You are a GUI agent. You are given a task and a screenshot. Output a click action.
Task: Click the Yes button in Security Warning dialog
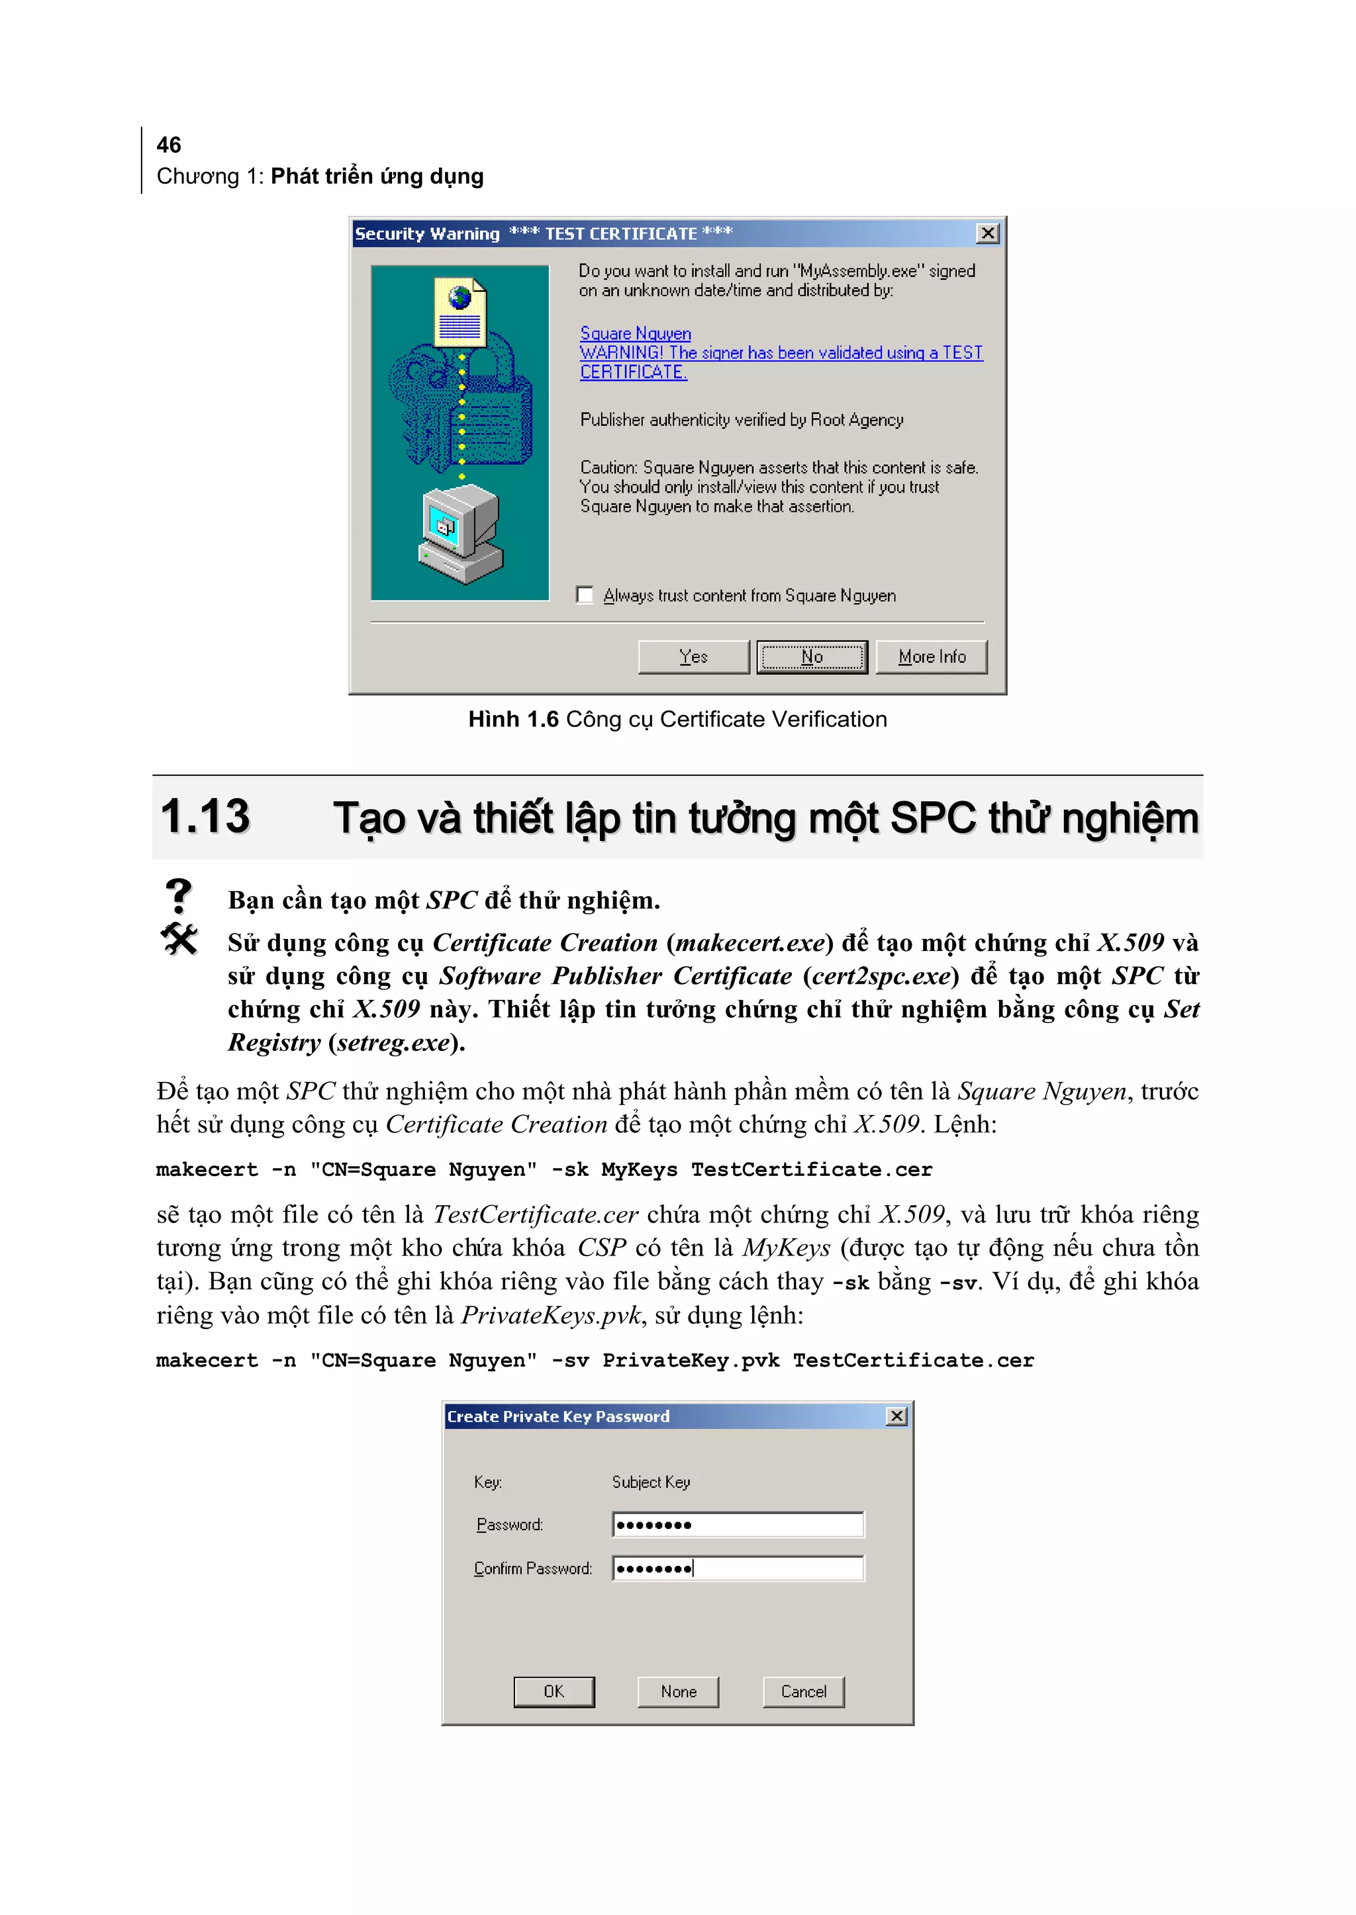click(x=693, y=656)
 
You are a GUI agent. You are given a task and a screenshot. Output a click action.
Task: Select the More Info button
click(x=931, y=656)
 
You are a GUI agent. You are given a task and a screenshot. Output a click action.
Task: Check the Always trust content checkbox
click(x=585, y=595)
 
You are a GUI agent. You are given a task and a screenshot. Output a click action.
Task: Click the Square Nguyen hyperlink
click(x=636, y=333)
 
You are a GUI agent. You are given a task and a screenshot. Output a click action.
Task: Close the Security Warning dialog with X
click(x=988, y=234)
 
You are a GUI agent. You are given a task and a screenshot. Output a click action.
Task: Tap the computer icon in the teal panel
click(x=460, y=535)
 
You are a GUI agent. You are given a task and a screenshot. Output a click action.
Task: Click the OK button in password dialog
click(x=554, y=1691)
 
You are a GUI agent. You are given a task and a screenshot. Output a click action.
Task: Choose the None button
click(x=678, y=1691)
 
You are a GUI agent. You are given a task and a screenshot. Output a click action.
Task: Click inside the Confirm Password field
click(x=738, y=1569)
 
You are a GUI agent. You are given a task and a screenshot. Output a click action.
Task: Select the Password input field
click(x=738, y=1525)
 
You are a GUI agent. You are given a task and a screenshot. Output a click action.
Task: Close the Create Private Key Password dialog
click(x=896, y=1416)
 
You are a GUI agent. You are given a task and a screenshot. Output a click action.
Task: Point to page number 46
click(x=169, y=145)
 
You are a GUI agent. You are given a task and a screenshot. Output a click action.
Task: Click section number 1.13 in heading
click(x=205, y=816)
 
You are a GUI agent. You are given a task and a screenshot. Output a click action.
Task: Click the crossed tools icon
click(x=179, y=940)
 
